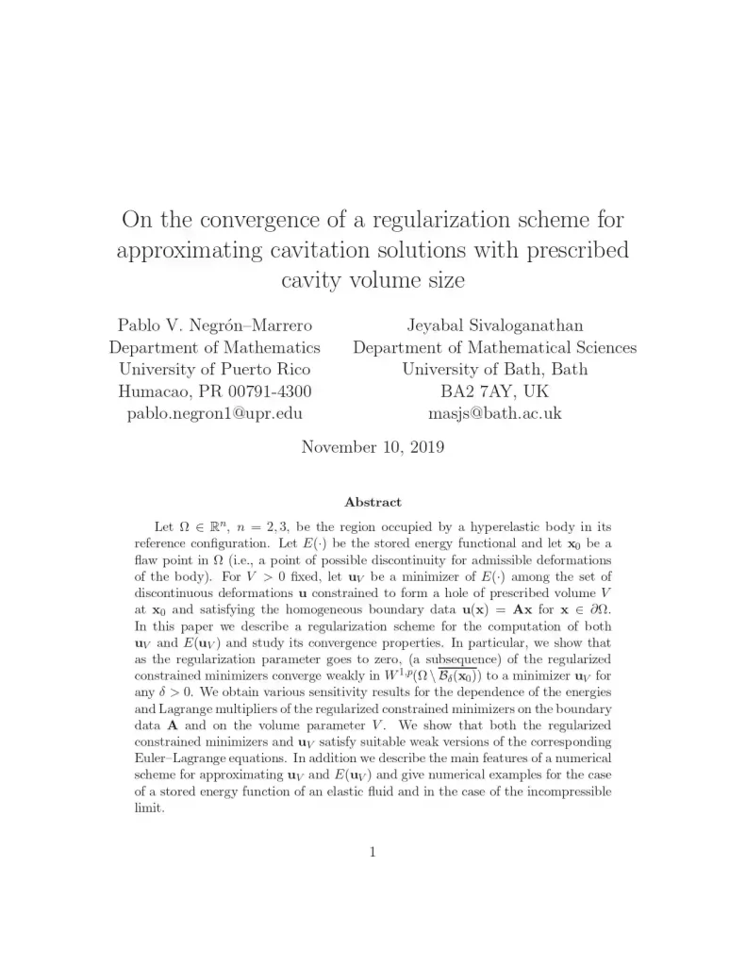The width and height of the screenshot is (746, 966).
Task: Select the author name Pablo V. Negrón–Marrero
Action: [214, 325]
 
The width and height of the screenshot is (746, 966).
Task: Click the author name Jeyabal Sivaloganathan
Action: [494, 325]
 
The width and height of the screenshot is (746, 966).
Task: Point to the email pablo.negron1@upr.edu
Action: [214, 412]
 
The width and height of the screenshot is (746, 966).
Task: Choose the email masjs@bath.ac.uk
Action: [494, 412]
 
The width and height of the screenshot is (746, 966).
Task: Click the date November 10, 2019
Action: [373, 447]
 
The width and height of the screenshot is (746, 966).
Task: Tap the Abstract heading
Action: [373, 503]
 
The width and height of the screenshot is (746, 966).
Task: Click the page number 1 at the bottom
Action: [373, 852]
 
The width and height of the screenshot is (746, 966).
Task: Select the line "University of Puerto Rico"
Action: [214, 369]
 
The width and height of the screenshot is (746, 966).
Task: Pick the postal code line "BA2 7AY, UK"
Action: [494, 391]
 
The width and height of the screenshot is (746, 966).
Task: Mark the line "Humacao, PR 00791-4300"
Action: [214, 391]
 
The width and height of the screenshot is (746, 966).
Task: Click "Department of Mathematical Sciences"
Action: [494, 347]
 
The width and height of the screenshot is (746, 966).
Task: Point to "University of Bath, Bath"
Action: [494, 369]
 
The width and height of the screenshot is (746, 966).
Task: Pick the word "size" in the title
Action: [444, 280]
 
